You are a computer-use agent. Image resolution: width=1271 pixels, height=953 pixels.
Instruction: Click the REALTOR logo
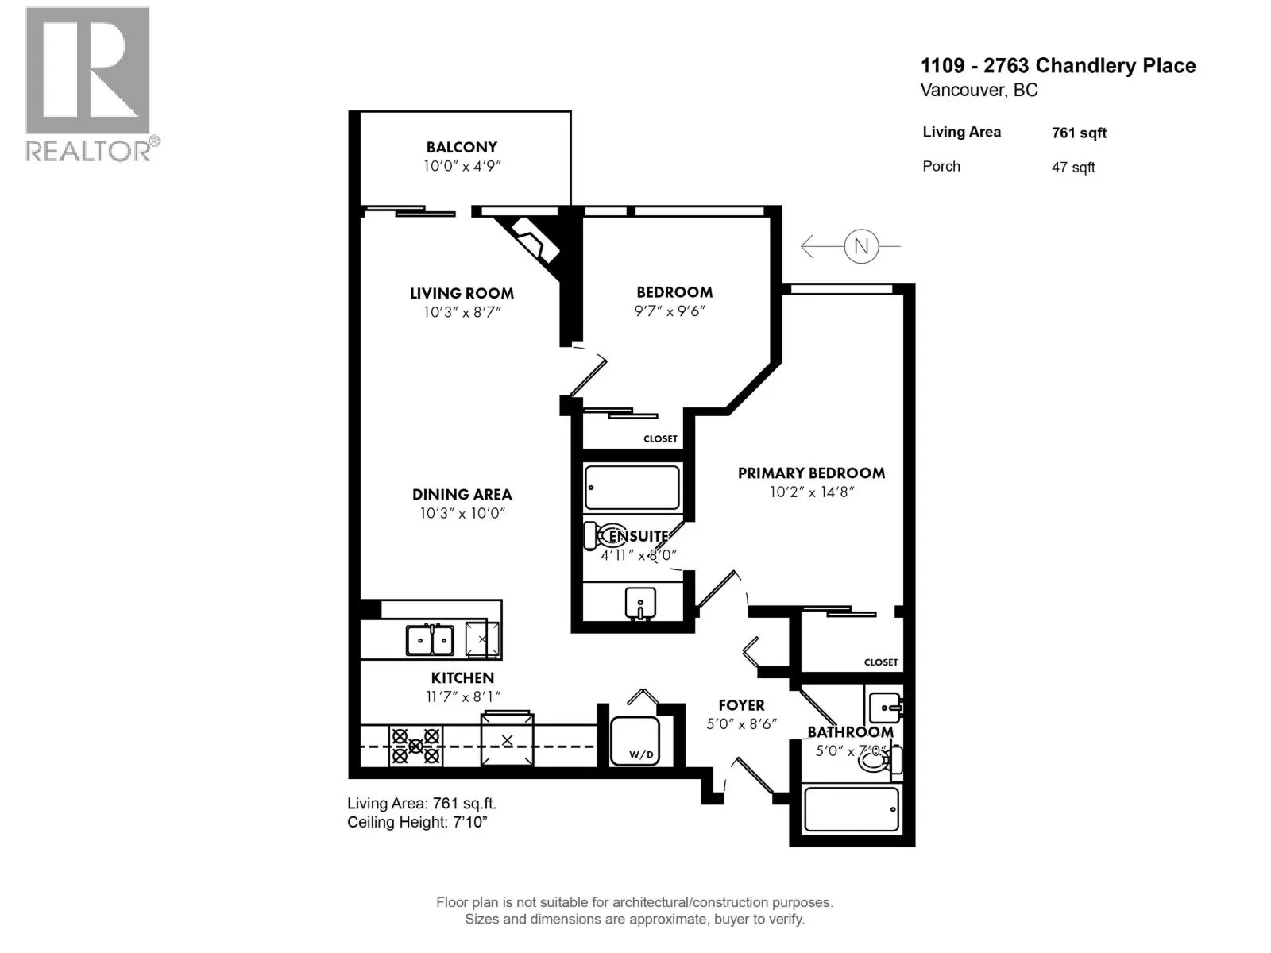pyautogui.click(x=91, y=84)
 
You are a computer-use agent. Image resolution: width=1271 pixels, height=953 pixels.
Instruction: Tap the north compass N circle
pyautogui.click(x=860, y=246)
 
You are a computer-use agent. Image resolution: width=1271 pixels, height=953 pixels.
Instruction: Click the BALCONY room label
pyautogui.click(x=462, y=147)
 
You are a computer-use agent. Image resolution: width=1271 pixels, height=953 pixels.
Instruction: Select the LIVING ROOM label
pyautogui.click(x=462, y=293)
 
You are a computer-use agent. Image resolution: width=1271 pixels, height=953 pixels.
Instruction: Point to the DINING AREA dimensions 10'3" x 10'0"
pyautogui.click(x=462, y=513)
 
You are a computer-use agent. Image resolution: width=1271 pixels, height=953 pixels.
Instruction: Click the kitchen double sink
pyautogui.click(x=430, y=640)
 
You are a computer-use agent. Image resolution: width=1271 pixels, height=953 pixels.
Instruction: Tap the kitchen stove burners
pyautogui.click(x=415, y=747)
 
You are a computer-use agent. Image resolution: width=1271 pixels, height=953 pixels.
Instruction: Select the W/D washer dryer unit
pyautogui.click(x=635, y=741)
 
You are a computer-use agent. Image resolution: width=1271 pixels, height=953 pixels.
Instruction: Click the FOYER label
pyautogui.click(x=741, y=705)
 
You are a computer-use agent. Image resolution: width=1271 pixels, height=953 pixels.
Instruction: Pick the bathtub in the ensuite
pyautogui.click(x=632, y=488)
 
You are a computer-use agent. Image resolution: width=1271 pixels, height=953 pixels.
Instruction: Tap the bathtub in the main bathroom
pyautogui.click(x=852, y=809)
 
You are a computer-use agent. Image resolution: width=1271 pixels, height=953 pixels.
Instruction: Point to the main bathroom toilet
pyautogui.click(x=879, y=761)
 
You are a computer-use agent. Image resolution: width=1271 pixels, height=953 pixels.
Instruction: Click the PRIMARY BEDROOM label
pyautogui.click(x=811, y=473)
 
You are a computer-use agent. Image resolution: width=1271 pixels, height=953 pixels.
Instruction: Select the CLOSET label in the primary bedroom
pyautogui.click(x=881, y=662)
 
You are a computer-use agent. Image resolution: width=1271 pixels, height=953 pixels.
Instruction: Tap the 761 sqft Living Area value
pyautogui.click(x=1079, y=133)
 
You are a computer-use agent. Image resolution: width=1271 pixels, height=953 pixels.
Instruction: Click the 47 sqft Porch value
pyautogui.click(x=1073, y=168)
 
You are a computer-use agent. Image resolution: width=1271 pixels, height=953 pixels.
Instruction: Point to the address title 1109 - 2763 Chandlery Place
pyautogui.click(x=1058, y=66)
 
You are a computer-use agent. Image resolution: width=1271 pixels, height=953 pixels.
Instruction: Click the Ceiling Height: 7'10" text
pyautogui.click(x=417, y=822)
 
